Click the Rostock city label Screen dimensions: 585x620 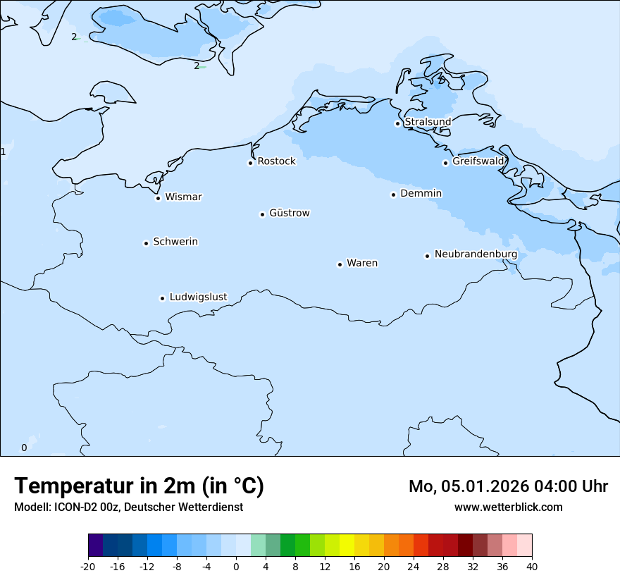[276, 161]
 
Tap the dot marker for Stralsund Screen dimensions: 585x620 [397, 123]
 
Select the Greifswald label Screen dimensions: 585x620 [478, 161]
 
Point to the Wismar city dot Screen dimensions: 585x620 [158, 198]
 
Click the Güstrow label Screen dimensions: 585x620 [289, 213]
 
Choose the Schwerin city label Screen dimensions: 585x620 [175, 242]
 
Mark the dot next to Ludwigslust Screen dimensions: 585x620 [162, 298]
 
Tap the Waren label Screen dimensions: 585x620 [361, 263]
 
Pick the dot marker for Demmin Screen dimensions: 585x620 [393, 195]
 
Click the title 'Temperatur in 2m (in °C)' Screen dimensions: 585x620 [139, 486]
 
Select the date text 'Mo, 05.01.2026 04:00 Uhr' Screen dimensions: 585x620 [508, 486]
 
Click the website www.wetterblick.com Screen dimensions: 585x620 [508, 507]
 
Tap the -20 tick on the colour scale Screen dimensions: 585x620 [88, 567]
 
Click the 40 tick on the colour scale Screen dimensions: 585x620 [532, 567]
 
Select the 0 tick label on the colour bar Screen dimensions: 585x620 [236, 567]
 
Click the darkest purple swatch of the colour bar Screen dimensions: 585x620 [95, 546]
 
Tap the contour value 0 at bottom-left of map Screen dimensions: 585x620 [24, 448]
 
